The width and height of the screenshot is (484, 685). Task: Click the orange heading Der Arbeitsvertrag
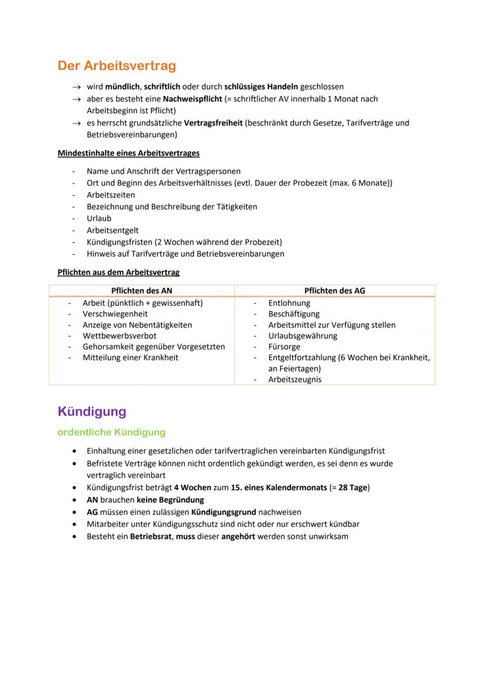click(x=116, y=66)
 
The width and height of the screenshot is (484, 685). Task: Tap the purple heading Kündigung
click(x=92, y=411)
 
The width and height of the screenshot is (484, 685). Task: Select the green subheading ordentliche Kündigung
click(x=111, y=432)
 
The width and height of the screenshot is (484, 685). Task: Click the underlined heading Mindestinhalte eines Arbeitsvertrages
click(x=129, y=153)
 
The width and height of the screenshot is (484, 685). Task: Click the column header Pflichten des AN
click(x=141, y=290)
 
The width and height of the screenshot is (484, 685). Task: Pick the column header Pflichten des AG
click(x=335, y=290)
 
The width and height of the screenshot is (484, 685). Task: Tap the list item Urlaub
click(x=99, y=218)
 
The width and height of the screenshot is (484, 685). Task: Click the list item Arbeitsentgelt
click(x=112, y=230)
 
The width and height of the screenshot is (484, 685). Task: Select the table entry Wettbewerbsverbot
click(x=119, y=336)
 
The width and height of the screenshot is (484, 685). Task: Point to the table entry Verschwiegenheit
click(x=115, y=314)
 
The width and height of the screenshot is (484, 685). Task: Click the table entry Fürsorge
click(x=284, y=346)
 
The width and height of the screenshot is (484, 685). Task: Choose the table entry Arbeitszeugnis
click(x=295, y=379)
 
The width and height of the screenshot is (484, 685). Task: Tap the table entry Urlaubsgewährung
click(x=303, y=336)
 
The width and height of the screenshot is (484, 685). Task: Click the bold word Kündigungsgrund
click(x=223, y=512)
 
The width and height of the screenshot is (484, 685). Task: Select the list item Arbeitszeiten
click(x=110, y=195)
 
